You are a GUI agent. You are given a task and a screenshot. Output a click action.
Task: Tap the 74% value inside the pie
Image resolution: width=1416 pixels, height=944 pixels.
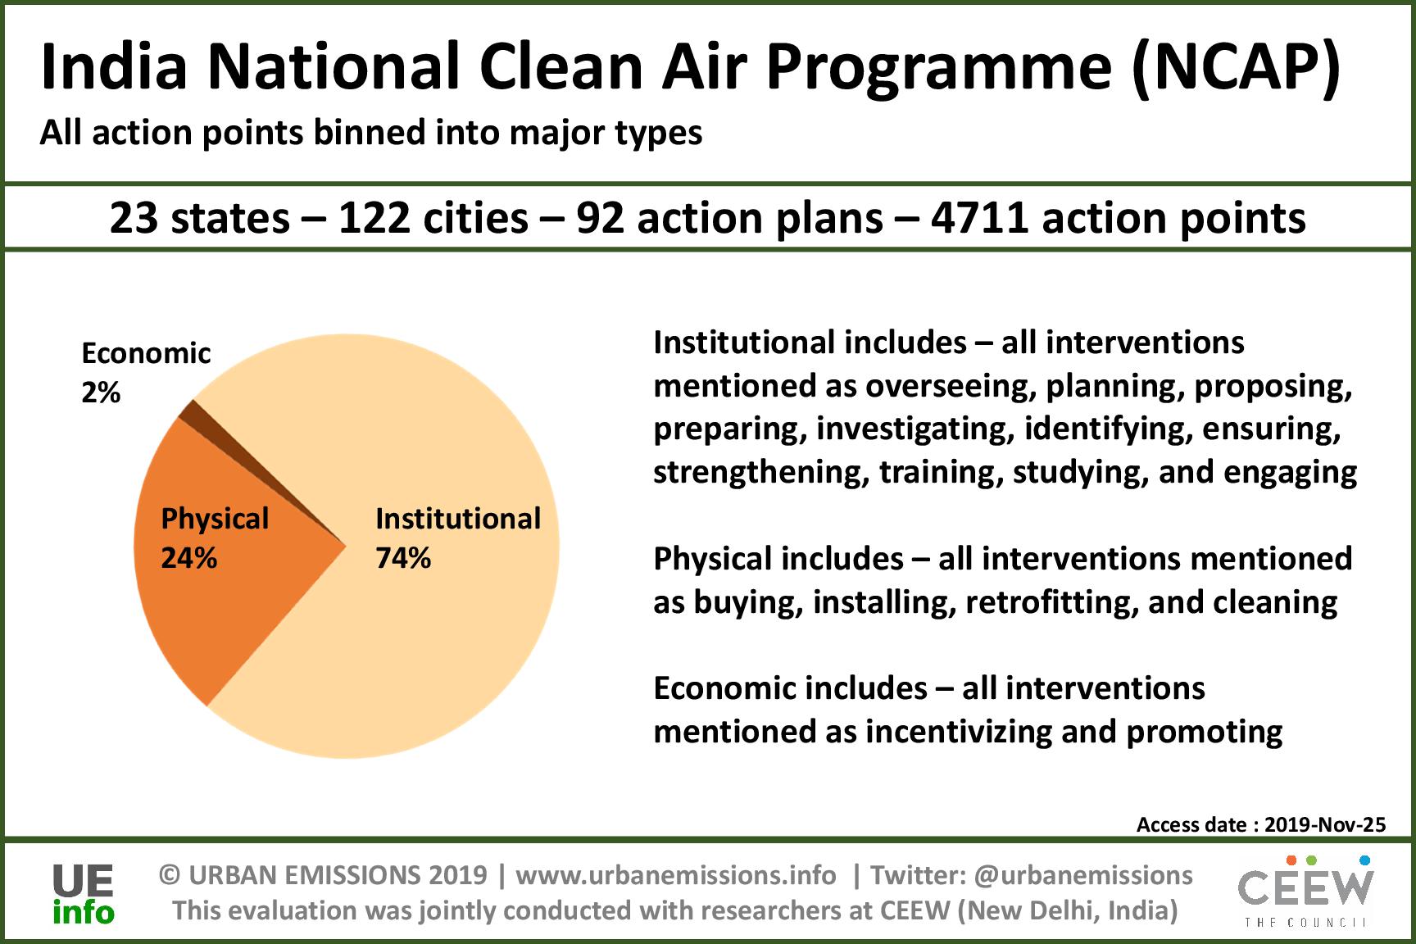403,559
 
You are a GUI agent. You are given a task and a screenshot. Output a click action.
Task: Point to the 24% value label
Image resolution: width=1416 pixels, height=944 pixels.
188,559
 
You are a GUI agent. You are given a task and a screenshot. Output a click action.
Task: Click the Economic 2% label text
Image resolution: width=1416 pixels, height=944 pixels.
146,374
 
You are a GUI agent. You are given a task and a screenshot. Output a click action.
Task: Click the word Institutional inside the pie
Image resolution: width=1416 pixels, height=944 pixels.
458,519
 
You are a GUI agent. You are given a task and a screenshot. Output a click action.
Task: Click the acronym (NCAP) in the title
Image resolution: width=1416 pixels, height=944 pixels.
1237,69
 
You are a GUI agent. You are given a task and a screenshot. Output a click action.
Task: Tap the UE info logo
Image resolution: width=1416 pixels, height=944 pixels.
83,893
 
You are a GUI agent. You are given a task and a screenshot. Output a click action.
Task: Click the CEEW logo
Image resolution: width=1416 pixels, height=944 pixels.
1305,892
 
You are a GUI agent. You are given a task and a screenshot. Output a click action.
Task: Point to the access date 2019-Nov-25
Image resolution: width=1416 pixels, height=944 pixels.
1325,824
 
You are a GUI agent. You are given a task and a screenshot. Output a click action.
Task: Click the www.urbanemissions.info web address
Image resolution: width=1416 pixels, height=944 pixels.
676,875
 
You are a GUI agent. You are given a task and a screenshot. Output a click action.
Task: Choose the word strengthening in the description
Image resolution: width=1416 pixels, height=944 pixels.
761,473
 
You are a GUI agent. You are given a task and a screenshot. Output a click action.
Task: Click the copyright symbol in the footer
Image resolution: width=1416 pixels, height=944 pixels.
170,875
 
